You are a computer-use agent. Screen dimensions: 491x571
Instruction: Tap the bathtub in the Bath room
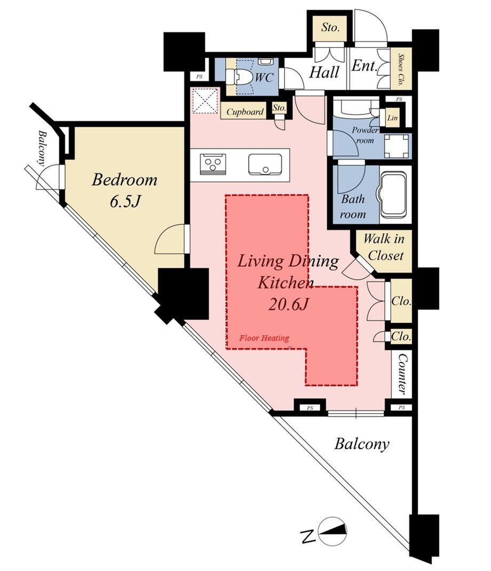[x=393, y=194]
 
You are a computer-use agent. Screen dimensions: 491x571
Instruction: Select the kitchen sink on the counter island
[x=265, y=165]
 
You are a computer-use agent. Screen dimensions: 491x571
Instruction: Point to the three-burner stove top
[x=213, y=164]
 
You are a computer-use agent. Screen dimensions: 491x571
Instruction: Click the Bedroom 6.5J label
[x=124, y=191]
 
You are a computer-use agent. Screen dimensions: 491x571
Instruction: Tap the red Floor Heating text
[x=264, y=338]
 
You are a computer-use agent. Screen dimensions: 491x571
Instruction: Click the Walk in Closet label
[x=384, y=247]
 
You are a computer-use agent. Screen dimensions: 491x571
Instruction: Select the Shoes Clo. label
[x=400, y=69]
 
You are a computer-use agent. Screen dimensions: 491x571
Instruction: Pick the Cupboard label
[x=245, y=112]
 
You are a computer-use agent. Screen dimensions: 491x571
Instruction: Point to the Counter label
[x=401, y=374]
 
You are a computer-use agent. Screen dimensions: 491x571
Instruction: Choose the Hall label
[x=324, y=73]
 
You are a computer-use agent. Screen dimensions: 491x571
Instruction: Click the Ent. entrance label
[x=363, y=66]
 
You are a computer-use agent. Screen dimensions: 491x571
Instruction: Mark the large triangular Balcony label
[x=362, y=445]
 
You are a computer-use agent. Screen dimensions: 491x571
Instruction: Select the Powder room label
[x=365, y=134]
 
